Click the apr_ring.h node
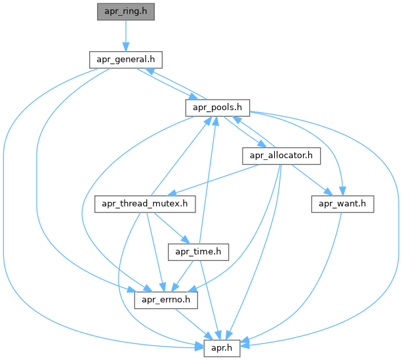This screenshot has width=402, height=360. click(x=125, y=12)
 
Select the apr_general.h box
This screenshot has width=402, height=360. click(x=125, y=60)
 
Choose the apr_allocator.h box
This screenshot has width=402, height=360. click(x=281, y=155)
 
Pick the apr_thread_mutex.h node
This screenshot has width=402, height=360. click(x=146, y=204)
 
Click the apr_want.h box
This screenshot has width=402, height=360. click(x=342, y=204)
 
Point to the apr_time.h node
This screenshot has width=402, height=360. click(x=198, y=252)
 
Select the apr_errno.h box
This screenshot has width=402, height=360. click(x=166, y=300)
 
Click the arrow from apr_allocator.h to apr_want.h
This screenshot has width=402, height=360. click(x=311, y=180)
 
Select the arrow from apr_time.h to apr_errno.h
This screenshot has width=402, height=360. click(x=183, y=275)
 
